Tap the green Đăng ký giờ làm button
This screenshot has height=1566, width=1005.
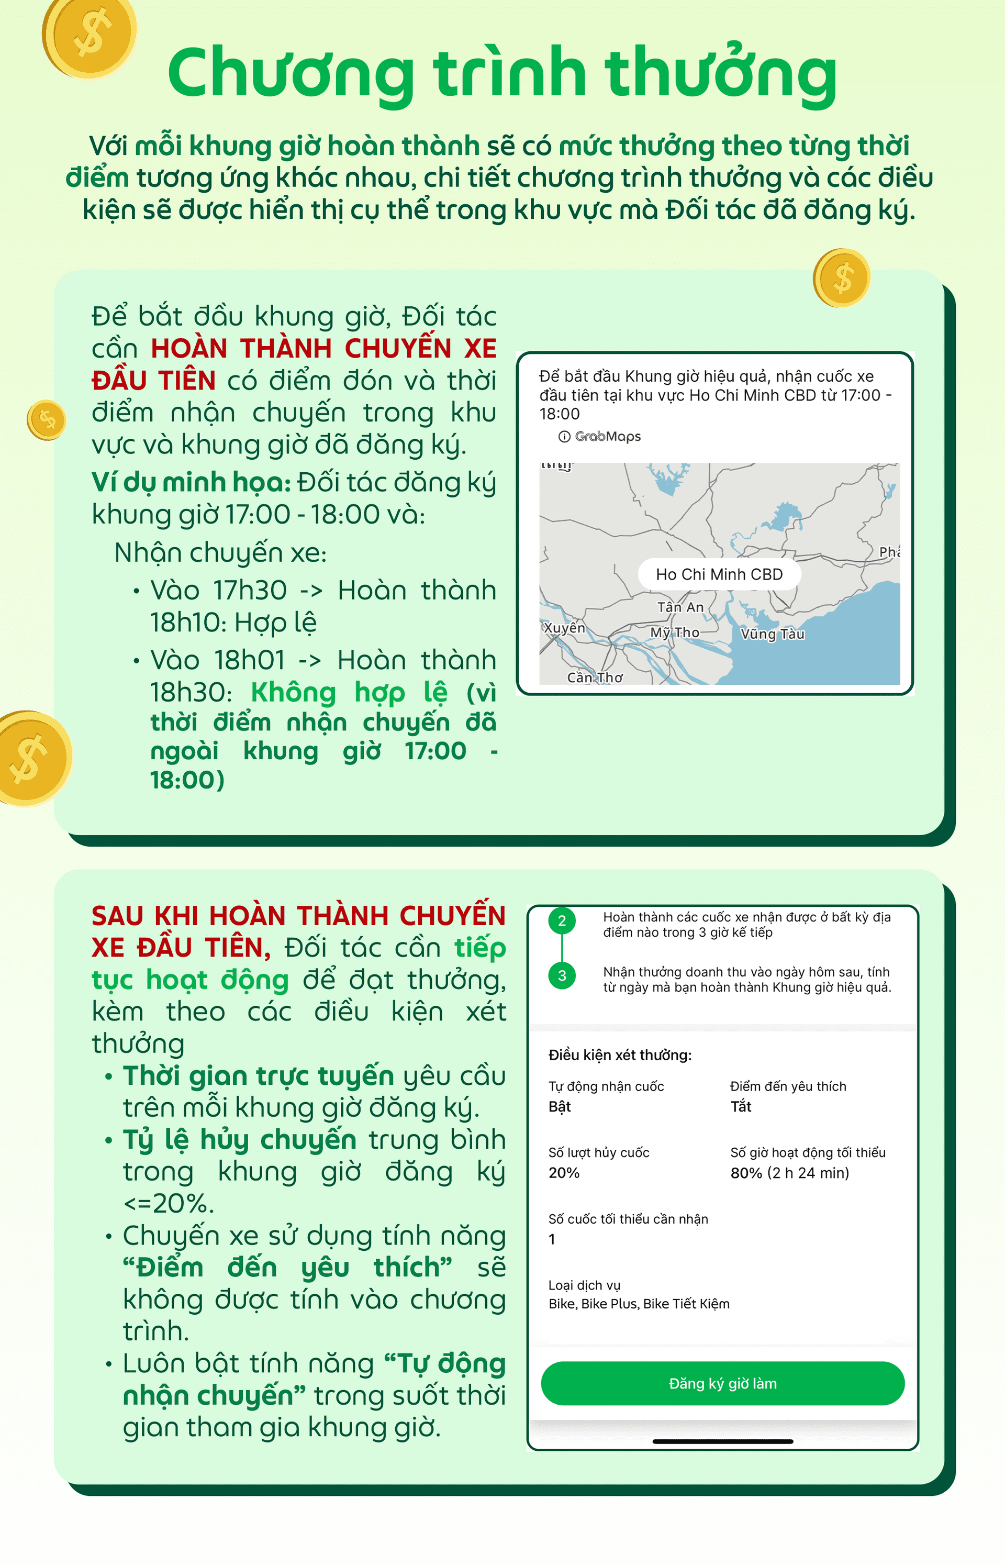[x=722, y=1383]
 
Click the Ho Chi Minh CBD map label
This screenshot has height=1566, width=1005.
[x=719, y=574]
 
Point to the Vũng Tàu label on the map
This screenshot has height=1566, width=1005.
[x=772, y=634]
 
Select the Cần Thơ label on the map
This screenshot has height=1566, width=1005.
[x=595, y=678]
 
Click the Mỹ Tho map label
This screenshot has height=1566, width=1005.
[x=674, y=632]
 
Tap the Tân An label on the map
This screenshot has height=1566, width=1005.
[x=680, y=607]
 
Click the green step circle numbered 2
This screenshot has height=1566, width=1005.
[x=562, y=921]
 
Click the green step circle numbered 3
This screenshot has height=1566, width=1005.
[x=562, y=976]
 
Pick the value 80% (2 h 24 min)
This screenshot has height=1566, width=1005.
[x=790, y=1173]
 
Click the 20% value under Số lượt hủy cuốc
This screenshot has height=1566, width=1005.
[x=564, y=1173]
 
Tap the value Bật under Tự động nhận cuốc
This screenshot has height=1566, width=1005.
[x=559, y=1106]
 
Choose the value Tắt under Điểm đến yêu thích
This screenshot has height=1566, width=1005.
[x=741, y=1106]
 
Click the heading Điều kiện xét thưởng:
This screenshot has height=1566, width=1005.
[x=619, y=1055]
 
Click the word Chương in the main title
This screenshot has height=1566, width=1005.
[x=291, y=73]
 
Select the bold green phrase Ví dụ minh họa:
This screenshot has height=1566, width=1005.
[x=191, y=482]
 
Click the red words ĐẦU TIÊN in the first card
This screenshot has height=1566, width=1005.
[x=154, y=381]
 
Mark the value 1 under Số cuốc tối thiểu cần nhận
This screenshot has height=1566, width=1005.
[x=552, y=1239]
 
